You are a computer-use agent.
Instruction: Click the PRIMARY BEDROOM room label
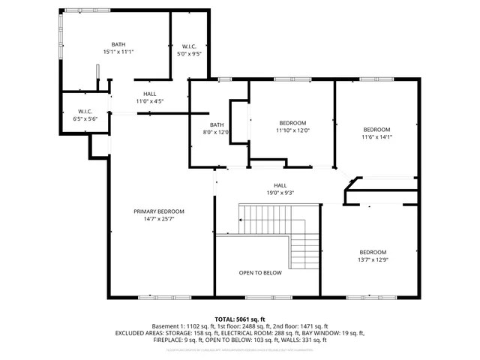(159, 211)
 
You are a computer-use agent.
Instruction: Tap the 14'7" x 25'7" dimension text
(159, 220)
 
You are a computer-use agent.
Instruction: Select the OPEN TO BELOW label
(260, 273)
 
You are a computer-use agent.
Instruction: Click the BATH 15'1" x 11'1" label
(118, 49)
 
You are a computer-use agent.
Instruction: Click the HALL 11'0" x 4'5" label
(149, 97)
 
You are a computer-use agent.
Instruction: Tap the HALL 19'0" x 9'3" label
(280, 189)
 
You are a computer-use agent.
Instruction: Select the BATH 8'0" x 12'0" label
(217, 129)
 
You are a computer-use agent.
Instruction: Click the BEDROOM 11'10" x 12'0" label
(292, 127)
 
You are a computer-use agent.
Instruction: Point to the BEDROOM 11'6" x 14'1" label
(376, 133)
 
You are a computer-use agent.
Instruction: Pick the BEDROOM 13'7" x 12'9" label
(373, 256)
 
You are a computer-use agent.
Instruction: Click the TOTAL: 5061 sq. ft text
(240, 319)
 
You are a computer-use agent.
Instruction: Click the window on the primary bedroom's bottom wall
(149, 298)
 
